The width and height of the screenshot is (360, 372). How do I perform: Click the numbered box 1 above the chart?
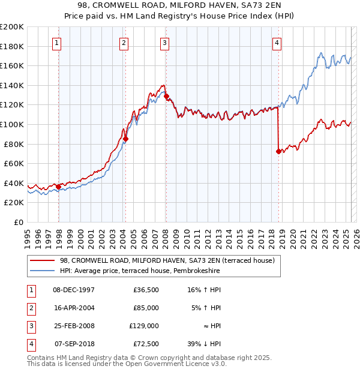pyautogui.click(x=56, y=42)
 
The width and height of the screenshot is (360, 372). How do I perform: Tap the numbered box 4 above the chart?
pyautogui.click(x=277, y=42)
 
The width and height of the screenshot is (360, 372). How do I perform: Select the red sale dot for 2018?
pyautogui.click(x=278, y=151)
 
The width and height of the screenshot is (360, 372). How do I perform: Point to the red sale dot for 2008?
pyautogui.click(x=166, y=96)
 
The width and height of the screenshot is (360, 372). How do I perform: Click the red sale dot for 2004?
pyautogui.click(x=126, y=139)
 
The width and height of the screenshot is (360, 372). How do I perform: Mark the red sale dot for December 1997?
pyautogui.click(x=58, y=187)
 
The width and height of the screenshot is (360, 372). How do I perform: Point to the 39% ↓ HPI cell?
pyautogui.click(x=204, y=344)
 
